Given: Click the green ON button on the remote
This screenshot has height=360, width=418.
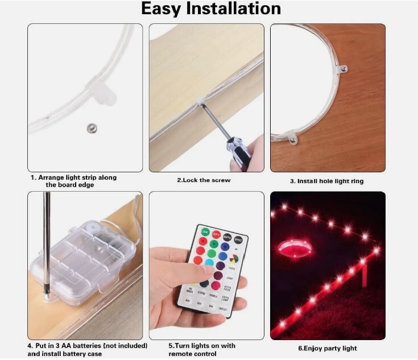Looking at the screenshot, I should (205, 232).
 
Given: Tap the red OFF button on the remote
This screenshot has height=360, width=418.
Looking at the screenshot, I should (217, 234).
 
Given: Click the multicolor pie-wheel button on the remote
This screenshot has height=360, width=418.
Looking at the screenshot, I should (234, 259).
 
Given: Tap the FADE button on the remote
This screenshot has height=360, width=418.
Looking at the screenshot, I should (231, 268).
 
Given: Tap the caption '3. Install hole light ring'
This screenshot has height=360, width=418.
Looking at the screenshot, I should (326, 181).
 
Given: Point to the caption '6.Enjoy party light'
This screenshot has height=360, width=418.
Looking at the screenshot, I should (328, 348).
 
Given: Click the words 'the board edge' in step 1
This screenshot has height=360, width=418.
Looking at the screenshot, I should (71, 185).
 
